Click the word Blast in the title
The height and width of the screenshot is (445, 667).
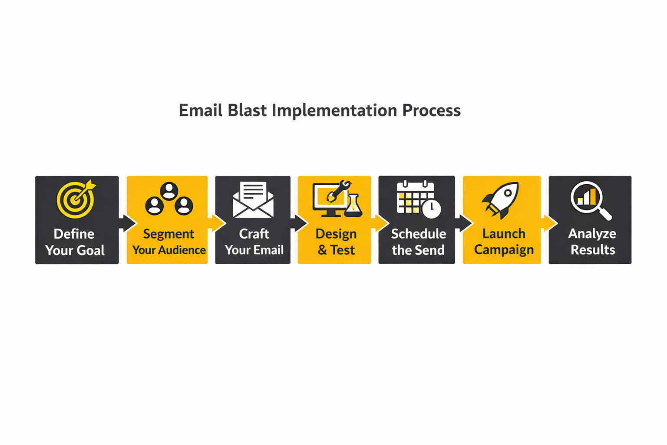tap(247, 110)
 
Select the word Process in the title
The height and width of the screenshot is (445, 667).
tap(431, 110)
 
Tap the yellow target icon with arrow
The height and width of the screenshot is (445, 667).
tap(76, 199)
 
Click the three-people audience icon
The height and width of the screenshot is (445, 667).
tap(169, 199)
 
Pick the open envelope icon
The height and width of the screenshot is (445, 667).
tap(253, 200)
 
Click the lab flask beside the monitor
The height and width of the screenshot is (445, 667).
tap(353, 206)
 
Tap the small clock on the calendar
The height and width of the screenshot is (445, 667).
tap(432, 209)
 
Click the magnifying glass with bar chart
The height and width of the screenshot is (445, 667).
tap(591, 200)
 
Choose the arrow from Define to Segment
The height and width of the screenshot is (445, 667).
tap(127, 223)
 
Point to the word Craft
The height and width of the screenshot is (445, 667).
tap(254, 234)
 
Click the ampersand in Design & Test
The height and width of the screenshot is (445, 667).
tap(322, 250)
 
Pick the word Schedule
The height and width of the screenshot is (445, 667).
tap(419, 234)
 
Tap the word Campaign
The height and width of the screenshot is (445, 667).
tap(504, 250)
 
